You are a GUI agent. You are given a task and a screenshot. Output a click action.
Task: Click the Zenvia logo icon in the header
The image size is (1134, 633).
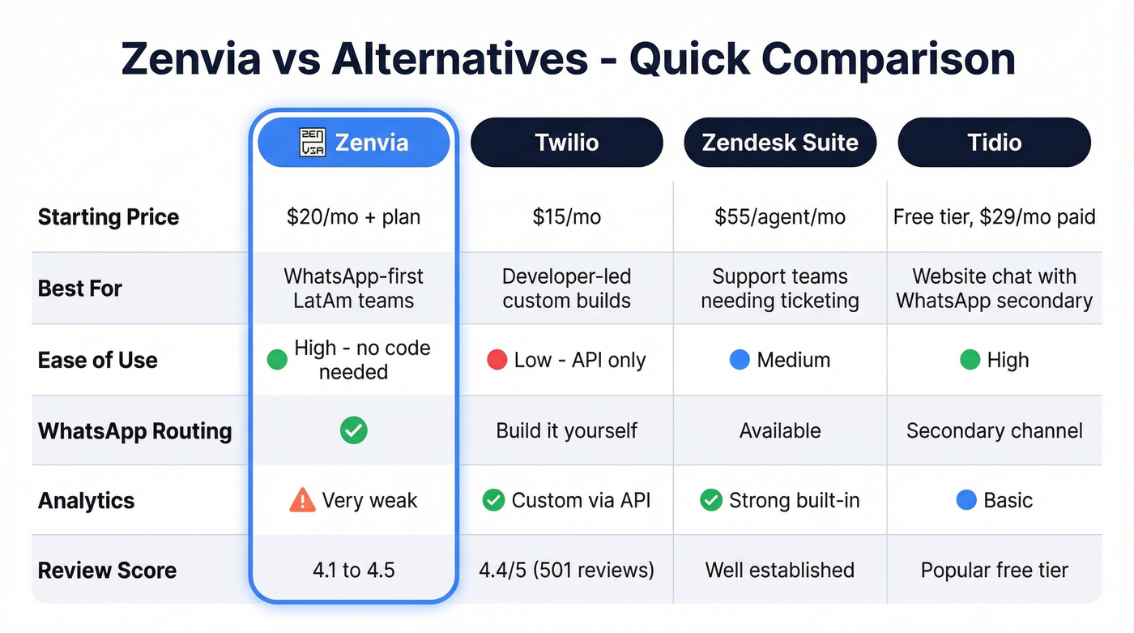[312, 143]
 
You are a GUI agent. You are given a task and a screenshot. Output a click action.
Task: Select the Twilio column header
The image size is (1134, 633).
[566, 143]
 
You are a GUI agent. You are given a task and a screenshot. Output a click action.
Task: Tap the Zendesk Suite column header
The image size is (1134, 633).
[780, 143]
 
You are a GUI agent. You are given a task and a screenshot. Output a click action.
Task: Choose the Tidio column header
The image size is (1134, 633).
[994, 143]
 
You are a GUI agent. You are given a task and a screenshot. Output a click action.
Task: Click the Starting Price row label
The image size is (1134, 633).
[108, 217]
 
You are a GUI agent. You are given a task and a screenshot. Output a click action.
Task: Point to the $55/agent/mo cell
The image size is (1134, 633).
[780, 217]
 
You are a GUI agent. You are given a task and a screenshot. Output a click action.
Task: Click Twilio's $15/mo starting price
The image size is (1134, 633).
[566, 217]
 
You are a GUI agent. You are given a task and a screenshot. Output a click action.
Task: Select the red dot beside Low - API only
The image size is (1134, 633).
[497, 360]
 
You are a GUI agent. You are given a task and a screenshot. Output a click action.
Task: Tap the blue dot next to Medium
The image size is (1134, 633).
[740, 360]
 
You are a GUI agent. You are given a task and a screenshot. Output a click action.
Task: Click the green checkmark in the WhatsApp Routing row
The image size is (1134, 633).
[353, 430]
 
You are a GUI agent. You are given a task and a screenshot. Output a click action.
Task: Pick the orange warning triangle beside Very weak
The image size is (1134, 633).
[302, 501]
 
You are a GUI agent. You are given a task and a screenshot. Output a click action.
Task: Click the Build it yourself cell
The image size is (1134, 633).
[566, 430]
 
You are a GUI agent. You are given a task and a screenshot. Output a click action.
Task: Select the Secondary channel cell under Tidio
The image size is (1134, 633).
[994, 430]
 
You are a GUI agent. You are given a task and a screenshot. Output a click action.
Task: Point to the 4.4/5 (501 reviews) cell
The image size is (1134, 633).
[566, 570]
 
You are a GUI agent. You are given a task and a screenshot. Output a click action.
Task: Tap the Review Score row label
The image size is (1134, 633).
[107, 570]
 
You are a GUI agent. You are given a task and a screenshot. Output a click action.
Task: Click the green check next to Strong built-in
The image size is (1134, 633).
[710, 501]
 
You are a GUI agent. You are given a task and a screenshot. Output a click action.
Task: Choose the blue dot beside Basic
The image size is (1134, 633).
[966, 501]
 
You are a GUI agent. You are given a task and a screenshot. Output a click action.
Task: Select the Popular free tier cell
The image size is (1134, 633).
[994, 570]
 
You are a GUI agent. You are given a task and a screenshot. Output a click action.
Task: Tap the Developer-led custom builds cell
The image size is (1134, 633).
[566, 289]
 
